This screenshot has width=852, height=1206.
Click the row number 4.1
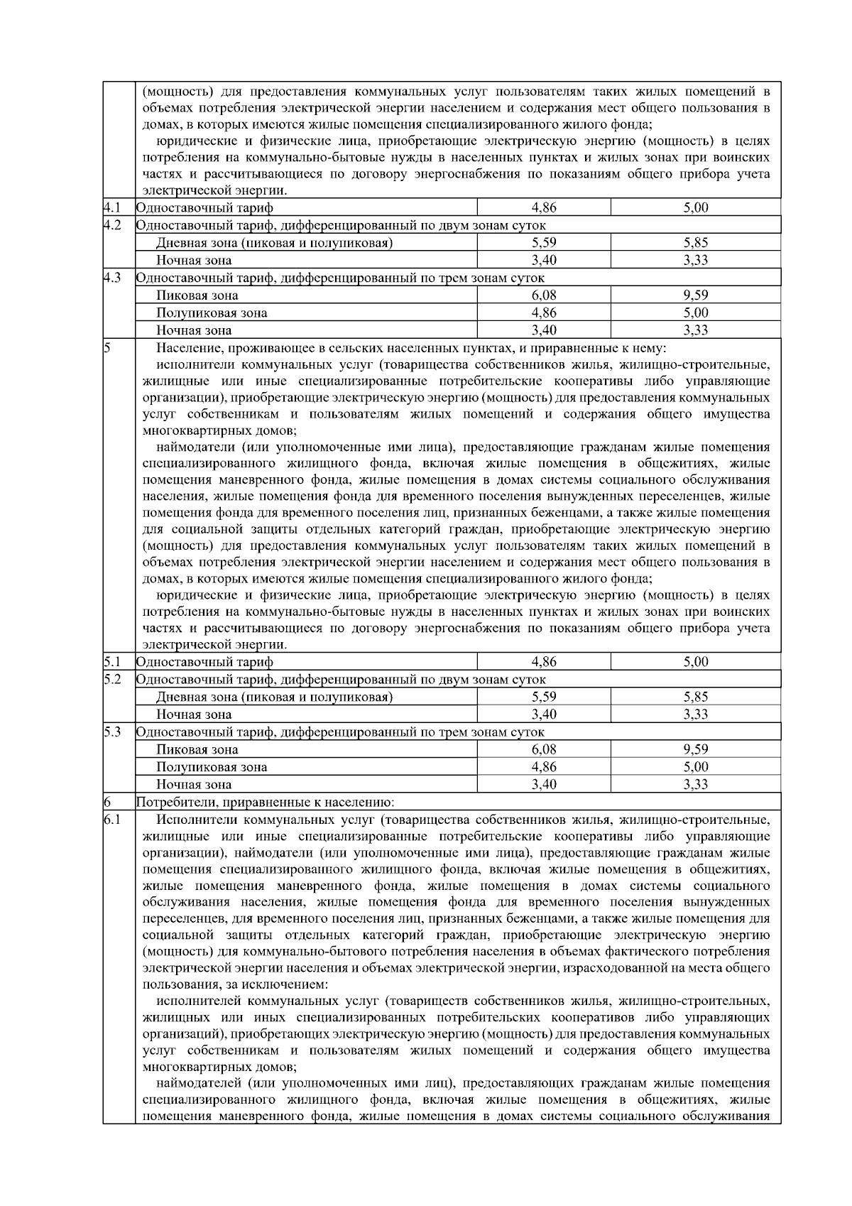(110, 207)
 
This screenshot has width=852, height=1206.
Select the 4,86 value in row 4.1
(544, 207)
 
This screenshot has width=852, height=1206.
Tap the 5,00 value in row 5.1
(696, 662)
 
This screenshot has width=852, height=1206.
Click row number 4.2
(111, 225)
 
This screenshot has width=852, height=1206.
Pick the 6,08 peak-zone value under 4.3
(544, 295)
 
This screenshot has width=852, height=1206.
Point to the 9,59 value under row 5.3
(696, 749)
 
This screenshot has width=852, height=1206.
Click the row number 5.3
(111, 732)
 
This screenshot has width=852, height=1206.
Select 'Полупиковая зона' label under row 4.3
(212, 313)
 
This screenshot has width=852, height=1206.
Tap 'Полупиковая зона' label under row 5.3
(212, 767)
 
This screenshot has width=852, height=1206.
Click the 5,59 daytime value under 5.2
(544, 697)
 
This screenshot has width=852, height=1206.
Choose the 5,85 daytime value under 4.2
(696, 242)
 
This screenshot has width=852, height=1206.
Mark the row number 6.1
(111, 820)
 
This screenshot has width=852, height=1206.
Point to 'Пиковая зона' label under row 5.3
(197, 749)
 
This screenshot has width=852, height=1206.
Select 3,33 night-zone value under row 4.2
(696, 260)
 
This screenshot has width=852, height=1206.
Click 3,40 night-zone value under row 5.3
(544, 784)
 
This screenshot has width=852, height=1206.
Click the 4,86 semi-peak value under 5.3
(544, 767)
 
